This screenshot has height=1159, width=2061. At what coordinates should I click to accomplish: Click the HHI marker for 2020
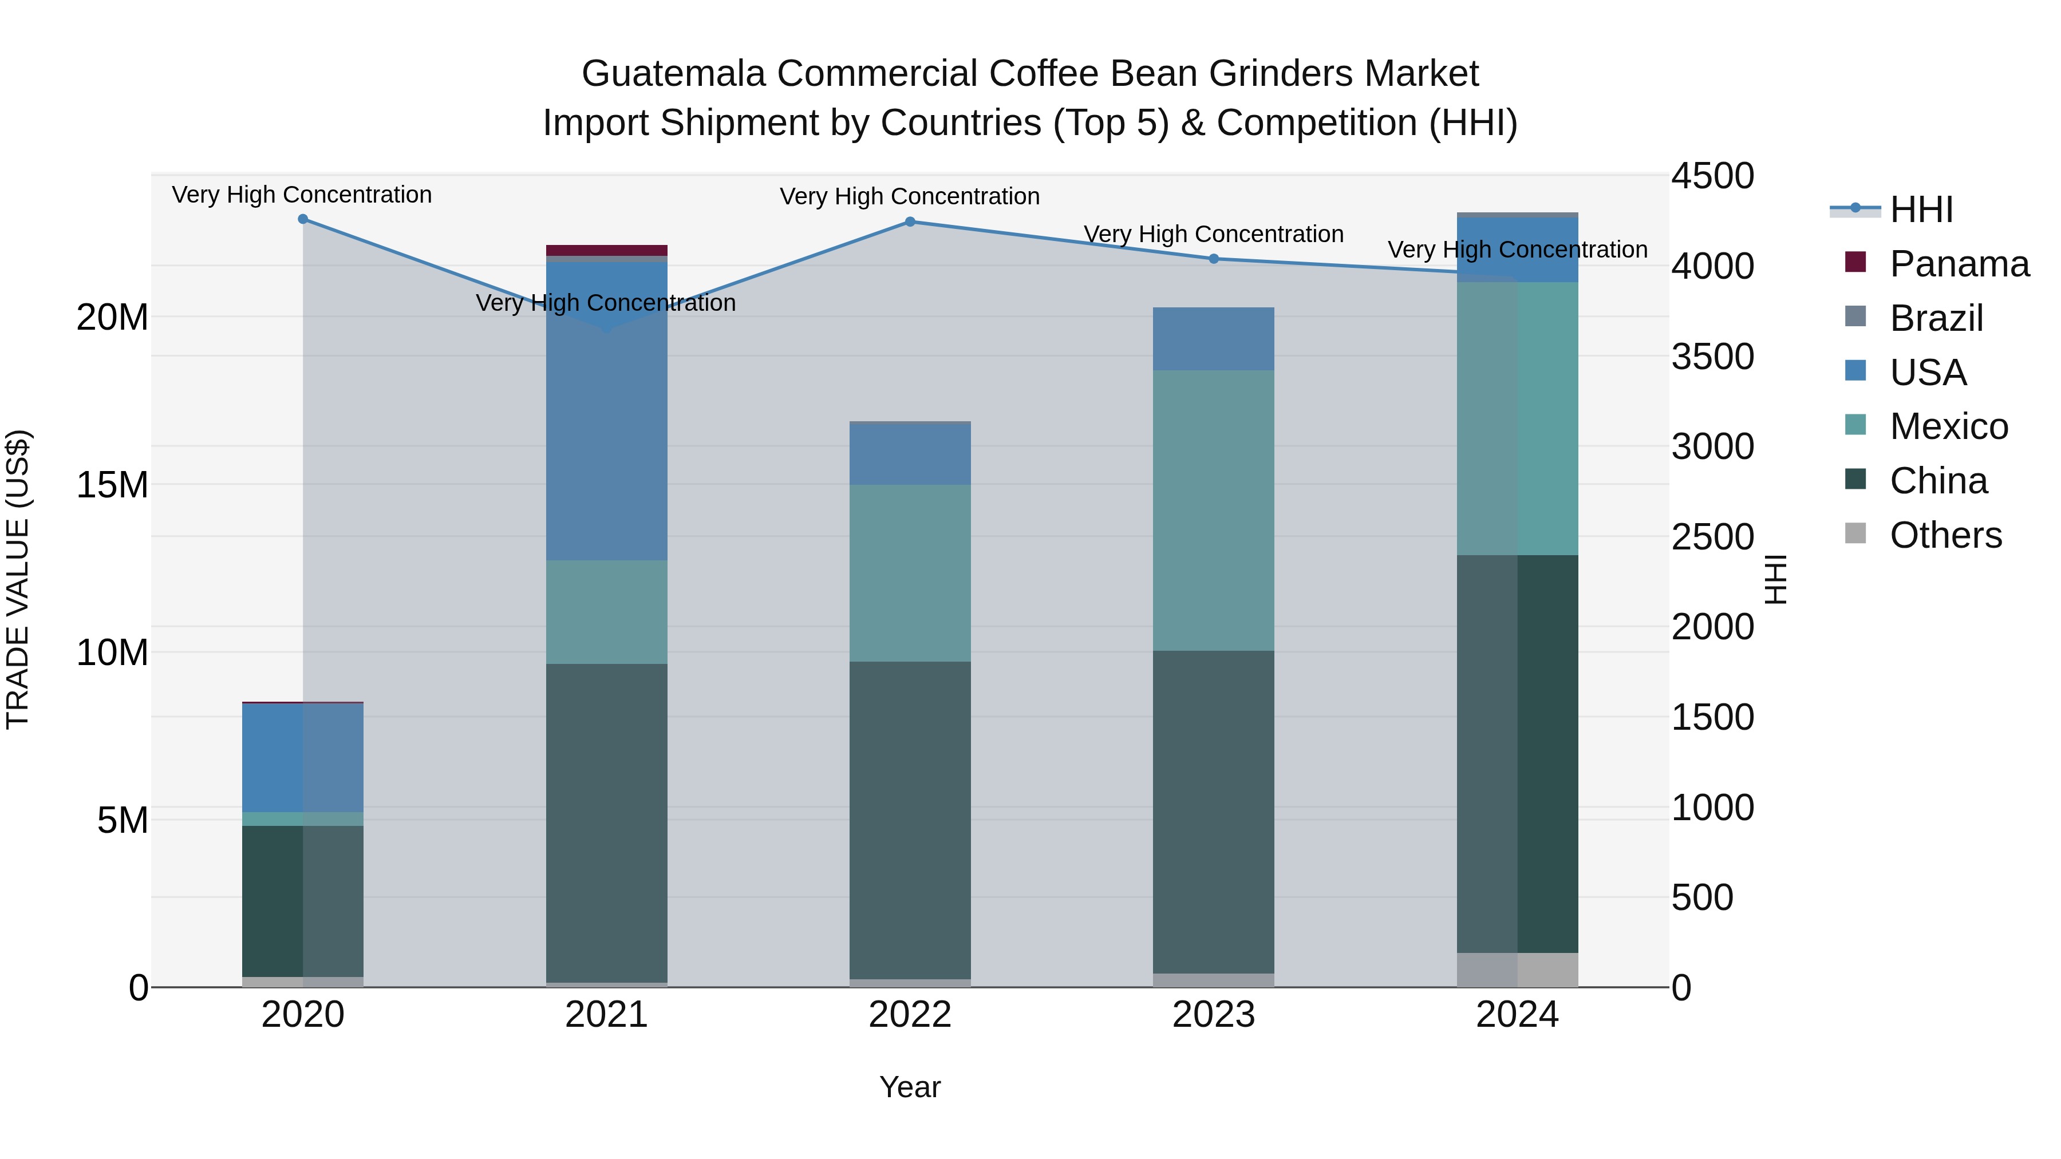point(302,219)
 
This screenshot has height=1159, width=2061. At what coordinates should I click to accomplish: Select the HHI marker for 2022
point(910,221)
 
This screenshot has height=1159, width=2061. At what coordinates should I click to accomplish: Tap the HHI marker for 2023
point(1214,258)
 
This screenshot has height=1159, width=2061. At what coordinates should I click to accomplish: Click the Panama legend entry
point(1959,264)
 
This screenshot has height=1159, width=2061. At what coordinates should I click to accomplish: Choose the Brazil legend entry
point(1936,318)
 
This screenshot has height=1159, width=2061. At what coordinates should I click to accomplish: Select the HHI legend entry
point(1921,209)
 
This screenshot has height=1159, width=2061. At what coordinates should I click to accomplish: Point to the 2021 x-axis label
point(606,1015)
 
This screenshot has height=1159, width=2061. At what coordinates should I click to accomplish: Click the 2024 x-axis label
point(1517,1015)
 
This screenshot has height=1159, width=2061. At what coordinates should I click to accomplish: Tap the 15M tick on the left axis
point(112,485)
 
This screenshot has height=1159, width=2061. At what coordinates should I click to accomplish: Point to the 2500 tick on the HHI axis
point(1712,537)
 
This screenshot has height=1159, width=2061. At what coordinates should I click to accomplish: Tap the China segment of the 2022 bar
point(910,820)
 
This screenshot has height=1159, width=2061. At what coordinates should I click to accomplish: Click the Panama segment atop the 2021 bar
point(606,250)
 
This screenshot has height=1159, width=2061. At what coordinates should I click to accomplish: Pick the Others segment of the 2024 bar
point(1517,970)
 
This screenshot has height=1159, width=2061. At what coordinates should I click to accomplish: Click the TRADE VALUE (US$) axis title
point(18,579)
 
